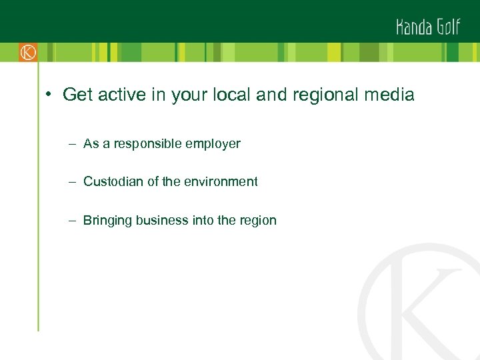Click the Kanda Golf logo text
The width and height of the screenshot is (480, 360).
pyautogui.click(x=427, y=27)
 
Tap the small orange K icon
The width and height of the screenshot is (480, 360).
pyautogui.click(x=28, y=52)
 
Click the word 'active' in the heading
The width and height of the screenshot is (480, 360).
pyautogui.click(x=123, y=95)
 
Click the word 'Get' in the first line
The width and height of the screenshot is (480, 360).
pyautogui.click(x=77, y=95)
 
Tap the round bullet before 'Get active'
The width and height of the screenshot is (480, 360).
pyautogui.click(x=49, y=95)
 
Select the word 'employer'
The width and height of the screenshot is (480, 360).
pyautogui.click(x=214, y=143)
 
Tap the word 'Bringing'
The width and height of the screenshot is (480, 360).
pyautogui.click(x=107, y=221)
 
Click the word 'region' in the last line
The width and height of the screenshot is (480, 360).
pyautogui.click(x=257, y=221)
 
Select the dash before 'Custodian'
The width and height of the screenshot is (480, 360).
pyautogui.click(x=71, y=181)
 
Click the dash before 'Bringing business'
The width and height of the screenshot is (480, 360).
pyautogui.click(x=71, y=221)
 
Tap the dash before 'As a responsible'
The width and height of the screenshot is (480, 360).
pyautogui.click(x=71, y=143)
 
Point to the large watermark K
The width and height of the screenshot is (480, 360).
pyautogui.click(x=427, y=307)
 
